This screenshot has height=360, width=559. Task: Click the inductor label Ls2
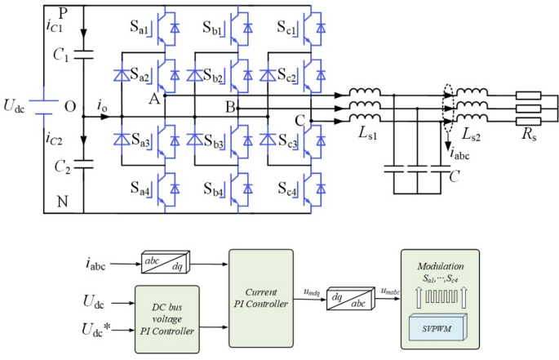pyautogui.click(x=472, y=132)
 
